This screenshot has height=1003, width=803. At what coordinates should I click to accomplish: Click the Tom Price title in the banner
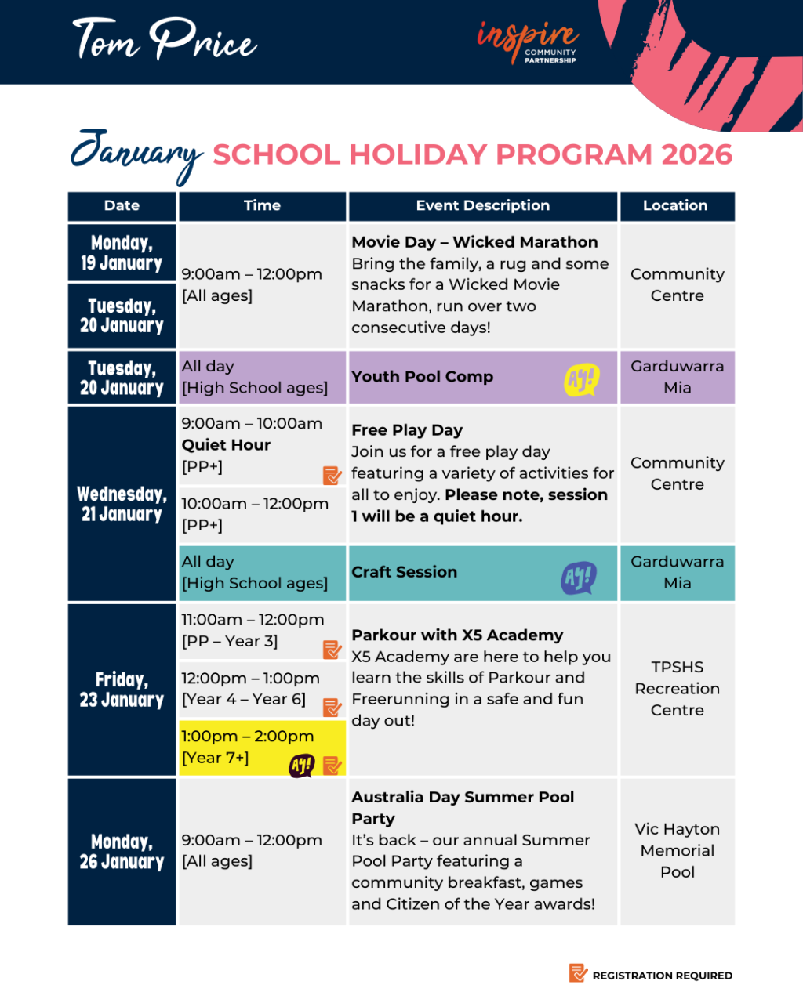pos(164,39)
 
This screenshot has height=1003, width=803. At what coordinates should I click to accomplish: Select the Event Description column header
pos(482,206)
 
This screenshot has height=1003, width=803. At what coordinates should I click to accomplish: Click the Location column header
pos(676,206)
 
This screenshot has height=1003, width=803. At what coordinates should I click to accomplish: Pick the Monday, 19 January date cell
pos(122,253)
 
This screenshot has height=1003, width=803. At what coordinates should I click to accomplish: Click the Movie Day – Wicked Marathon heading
pos(474,242)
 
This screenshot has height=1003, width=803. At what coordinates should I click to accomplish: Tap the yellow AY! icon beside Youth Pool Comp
pos(581,380)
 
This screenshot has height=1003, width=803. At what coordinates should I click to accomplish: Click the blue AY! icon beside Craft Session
pos(579,578)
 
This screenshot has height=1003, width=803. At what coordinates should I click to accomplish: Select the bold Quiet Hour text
pos(226,445)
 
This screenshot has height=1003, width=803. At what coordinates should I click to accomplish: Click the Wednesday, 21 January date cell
pos(122,504)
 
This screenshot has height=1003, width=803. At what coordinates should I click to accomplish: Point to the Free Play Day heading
pos(407,430)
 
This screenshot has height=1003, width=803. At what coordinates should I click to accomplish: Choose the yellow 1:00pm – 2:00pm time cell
pos(262,748)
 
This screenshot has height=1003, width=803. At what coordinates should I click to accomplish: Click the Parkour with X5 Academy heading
pos(457,635)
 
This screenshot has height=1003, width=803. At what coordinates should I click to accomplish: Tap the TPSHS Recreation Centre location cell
pos(678,689)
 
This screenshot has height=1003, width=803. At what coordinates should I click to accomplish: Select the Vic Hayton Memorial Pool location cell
pos(678,851)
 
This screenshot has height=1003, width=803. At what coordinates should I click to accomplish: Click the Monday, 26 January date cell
pos(122,852)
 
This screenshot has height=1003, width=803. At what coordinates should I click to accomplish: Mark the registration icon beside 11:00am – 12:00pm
pos(332,649)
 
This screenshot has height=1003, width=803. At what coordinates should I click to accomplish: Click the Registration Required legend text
pos(662,976)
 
